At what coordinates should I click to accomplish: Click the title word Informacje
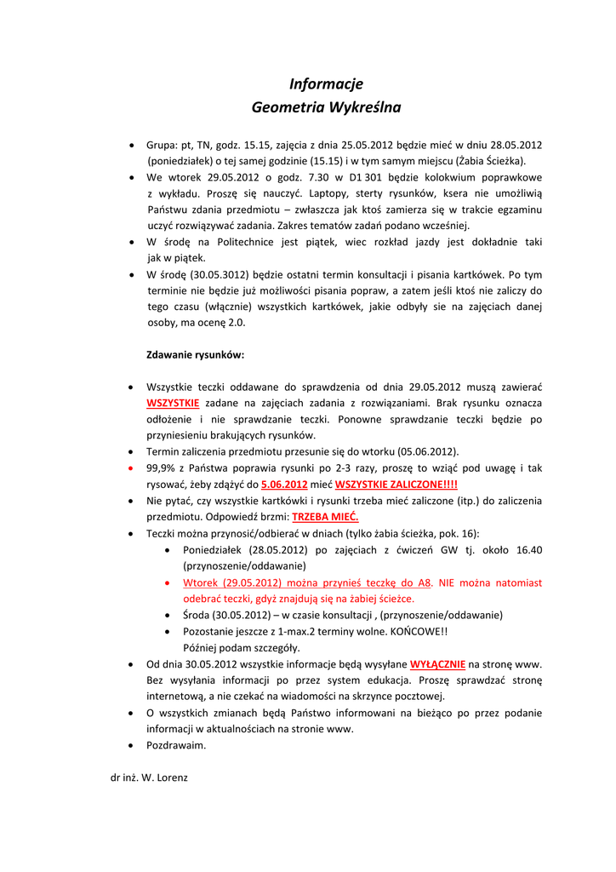(x=326, y=83)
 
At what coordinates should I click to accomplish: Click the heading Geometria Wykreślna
(x=326, y=108)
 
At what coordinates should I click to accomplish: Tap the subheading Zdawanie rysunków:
(x=196, y=353)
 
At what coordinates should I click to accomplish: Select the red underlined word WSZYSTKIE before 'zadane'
(x=173, y=403)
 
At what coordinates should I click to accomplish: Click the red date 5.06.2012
(x=284, y=485)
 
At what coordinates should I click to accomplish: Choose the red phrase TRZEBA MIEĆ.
(x=326, y=517)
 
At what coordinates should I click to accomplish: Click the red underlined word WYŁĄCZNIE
(x=437, y=664)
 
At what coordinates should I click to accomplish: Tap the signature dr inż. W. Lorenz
(x=145, y=777)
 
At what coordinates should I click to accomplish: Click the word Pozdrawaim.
(x=177, y=745)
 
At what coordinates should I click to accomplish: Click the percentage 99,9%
(x=162, y=468)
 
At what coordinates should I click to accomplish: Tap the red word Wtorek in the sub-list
(x=201, y=582)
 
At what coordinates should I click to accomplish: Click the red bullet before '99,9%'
(x=129, y=468)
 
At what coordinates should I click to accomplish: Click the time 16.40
(x=528, y=550)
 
